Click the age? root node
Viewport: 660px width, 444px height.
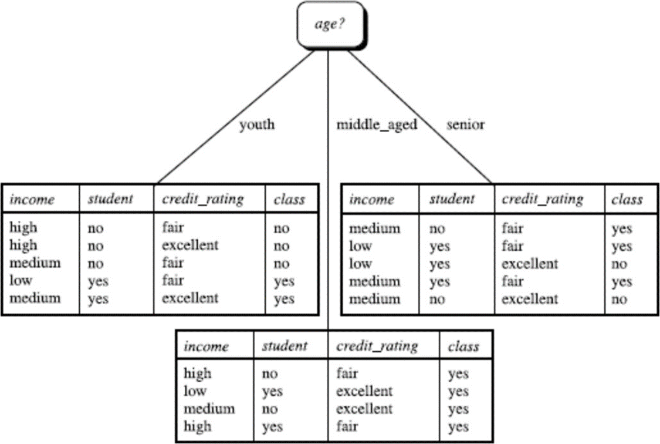coord(331,25)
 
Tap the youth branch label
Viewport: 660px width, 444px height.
coord(257,125)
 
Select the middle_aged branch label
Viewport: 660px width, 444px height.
coord(377,125)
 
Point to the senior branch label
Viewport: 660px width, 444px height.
coord(465,125)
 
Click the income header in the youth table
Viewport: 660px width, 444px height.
coord(32,199)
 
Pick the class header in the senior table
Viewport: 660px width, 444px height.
coord(627,199)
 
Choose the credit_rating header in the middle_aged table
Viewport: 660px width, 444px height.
coord(377,346)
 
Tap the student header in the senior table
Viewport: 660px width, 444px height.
coord(452,199)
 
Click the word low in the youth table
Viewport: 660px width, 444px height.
coord(21,280)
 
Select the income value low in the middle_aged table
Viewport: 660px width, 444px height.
coord(195,391)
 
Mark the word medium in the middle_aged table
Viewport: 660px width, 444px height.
coord(209,409)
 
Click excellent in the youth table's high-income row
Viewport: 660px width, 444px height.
coord(190,245)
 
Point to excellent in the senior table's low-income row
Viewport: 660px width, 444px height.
coord(530,264)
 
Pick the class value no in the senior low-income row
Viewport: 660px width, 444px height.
coord(619,264)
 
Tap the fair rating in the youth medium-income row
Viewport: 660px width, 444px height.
coord(172,263)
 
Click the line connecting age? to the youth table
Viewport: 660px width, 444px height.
coord(235,117)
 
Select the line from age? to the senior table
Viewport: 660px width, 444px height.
coord(420,117)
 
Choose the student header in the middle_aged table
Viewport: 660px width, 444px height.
coord(285,346)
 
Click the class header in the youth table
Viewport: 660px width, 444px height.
coord(289,199)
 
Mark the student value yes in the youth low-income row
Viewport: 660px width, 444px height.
coord(98,281)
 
